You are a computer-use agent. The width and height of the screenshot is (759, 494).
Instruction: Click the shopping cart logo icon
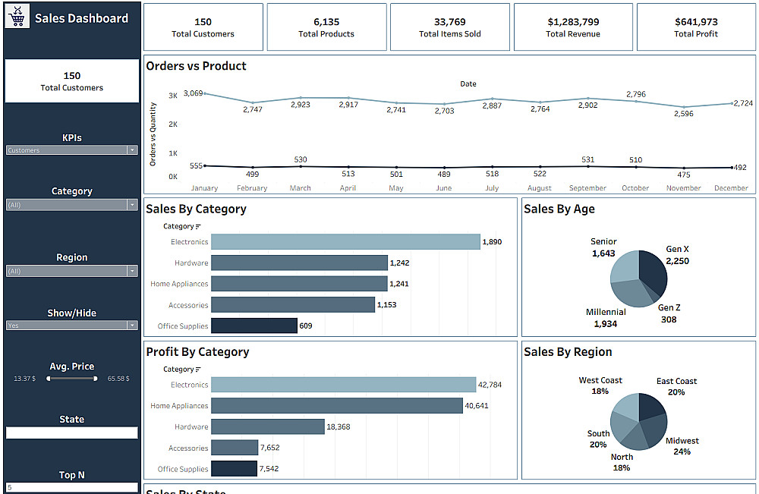(17, 18)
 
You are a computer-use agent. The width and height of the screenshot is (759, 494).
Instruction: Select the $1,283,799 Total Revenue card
(573, 27)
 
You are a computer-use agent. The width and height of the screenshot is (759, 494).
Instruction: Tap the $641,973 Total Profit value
(696, 22)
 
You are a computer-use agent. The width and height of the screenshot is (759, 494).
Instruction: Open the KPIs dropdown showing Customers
(72, 150)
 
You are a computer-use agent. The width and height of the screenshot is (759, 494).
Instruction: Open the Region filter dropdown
(72, 271)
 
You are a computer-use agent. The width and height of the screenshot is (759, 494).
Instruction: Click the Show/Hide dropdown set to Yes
(72, 325)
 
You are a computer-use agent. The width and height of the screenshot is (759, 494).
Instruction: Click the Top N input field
(72, 487)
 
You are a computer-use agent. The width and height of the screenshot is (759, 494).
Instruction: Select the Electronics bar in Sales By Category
(345, 242)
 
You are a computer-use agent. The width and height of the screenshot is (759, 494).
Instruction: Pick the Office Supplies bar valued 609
(254, 326)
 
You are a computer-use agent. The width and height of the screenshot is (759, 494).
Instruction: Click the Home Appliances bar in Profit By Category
(336, 406)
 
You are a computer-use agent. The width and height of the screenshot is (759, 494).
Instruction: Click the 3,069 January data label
(193, 93)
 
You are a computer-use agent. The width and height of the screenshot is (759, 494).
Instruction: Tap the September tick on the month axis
(587, 188)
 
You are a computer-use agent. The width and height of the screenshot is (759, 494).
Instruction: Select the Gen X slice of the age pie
(653, 272)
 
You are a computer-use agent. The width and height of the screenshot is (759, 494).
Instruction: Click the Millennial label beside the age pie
(606, 312)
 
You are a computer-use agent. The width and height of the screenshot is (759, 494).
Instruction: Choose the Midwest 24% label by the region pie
(682, 445)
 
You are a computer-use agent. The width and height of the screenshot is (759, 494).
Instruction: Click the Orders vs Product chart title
(196, 66)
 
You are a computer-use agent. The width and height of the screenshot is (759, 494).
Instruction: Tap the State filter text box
(72, 433)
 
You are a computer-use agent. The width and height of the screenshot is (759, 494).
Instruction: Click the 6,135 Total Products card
(326, 27)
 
